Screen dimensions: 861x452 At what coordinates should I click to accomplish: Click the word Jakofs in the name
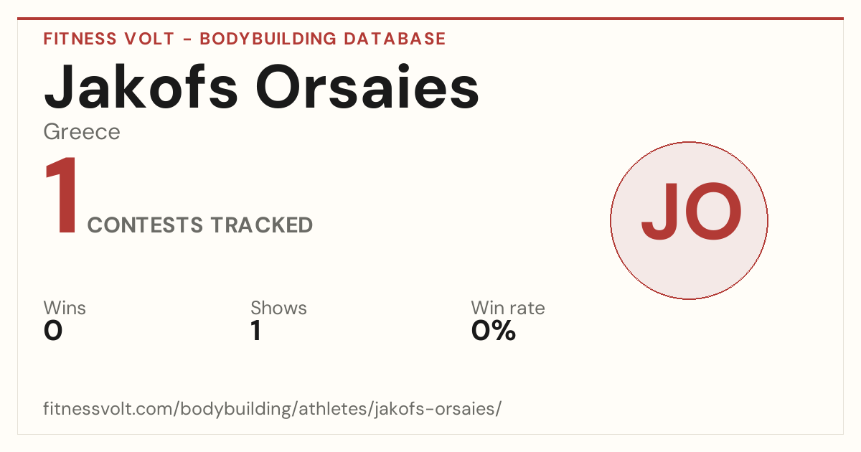coord(141,88)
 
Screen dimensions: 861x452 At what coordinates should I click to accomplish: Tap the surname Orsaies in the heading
coord(367,88)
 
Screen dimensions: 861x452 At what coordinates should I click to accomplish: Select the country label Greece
coord(82,133)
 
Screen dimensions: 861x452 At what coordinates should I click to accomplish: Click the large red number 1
coord(62,195)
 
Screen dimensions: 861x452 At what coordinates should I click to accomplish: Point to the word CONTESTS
coord(145,225)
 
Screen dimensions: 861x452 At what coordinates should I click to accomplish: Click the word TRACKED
coord(262,225)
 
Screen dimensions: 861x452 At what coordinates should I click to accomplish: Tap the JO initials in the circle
coord(691,212)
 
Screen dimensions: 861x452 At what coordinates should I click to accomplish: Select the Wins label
coord(65,308)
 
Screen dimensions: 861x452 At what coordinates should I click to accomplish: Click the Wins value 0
coord(53,331)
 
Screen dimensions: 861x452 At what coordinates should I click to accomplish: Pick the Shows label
coord(278,308)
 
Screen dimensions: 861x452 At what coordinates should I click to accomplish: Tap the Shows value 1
coord(256,331)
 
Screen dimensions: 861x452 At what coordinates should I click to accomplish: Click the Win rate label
coord(508,308)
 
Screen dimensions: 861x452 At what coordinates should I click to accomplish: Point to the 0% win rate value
coord(494,331)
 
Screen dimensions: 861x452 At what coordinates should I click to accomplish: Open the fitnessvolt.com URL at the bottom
coord(272,408)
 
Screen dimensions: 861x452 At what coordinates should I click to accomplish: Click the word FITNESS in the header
coord(80,39)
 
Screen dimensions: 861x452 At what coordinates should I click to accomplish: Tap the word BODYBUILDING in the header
coord(268,39)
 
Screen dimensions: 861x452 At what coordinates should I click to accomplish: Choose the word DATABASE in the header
coord(395,39)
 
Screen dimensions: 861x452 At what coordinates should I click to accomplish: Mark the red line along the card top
coord(430,19)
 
